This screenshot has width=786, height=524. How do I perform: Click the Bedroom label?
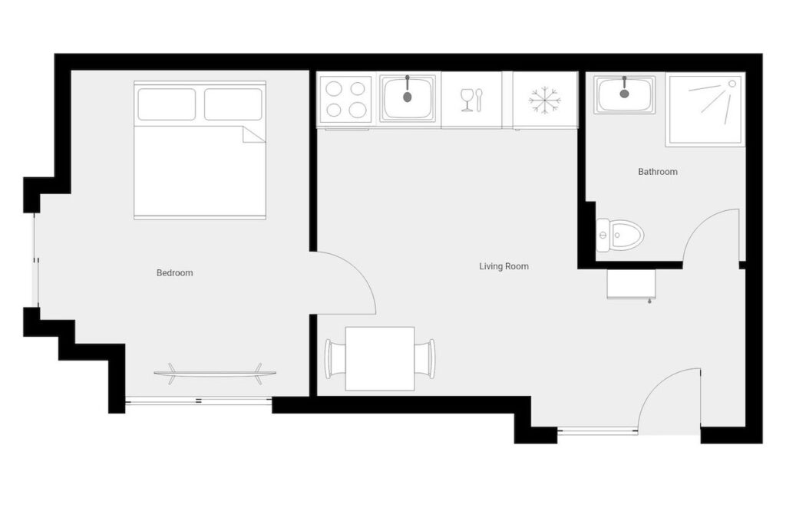tap(174, 273)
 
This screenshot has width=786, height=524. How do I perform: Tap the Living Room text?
tap(504, 266)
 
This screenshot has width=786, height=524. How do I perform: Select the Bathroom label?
tap(658, 172)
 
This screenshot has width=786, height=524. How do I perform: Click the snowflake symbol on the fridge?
tap(545, 99)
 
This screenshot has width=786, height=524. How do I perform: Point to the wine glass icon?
tap(467, 100)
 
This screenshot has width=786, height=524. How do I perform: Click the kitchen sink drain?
tap(407, 97)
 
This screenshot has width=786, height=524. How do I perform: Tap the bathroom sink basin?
tap(625, 94)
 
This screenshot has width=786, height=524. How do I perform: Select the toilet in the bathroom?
tap(620, 235)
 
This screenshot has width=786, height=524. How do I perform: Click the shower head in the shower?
tap(732, 84)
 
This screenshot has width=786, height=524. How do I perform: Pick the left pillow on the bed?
tap(167, 104)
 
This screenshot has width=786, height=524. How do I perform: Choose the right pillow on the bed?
tap(233, 104)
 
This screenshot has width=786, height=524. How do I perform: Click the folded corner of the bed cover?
tap(253, 134)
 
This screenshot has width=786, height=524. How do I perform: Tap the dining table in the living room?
tap(380, 359)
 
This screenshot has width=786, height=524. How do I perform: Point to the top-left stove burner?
tap(334, 89)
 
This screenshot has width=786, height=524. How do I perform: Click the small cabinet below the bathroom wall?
tap(632, 284)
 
